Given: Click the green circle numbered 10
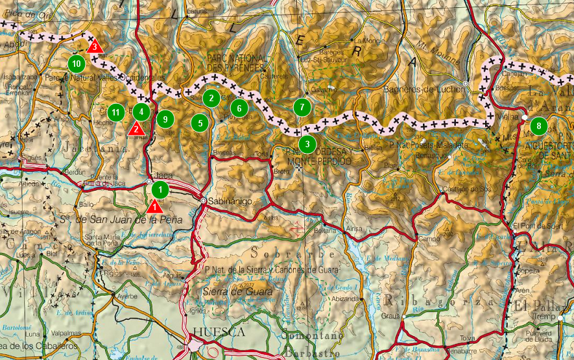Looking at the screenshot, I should (77, 64).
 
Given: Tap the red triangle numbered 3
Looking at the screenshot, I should (95, 47).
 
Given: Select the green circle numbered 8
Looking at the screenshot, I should (538, 126).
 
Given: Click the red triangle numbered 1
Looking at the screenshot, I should (154, 207).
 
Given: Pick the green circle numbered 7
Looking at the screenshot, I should (302, 107).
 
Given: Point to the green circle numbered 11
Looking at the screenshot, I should (115, 112).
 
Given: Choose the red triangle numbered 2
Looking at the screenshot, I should (136, 128).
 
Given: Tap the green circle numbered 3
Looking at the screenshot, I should (307, 143).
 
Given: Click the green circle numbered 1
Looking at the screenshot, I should (160, 190).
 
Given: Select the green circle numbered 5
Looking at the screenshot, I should (201, 121).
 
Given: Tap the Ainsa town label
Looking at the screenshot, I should (355, 229).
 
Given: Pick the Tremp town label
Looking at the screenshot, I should (545, 317).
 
